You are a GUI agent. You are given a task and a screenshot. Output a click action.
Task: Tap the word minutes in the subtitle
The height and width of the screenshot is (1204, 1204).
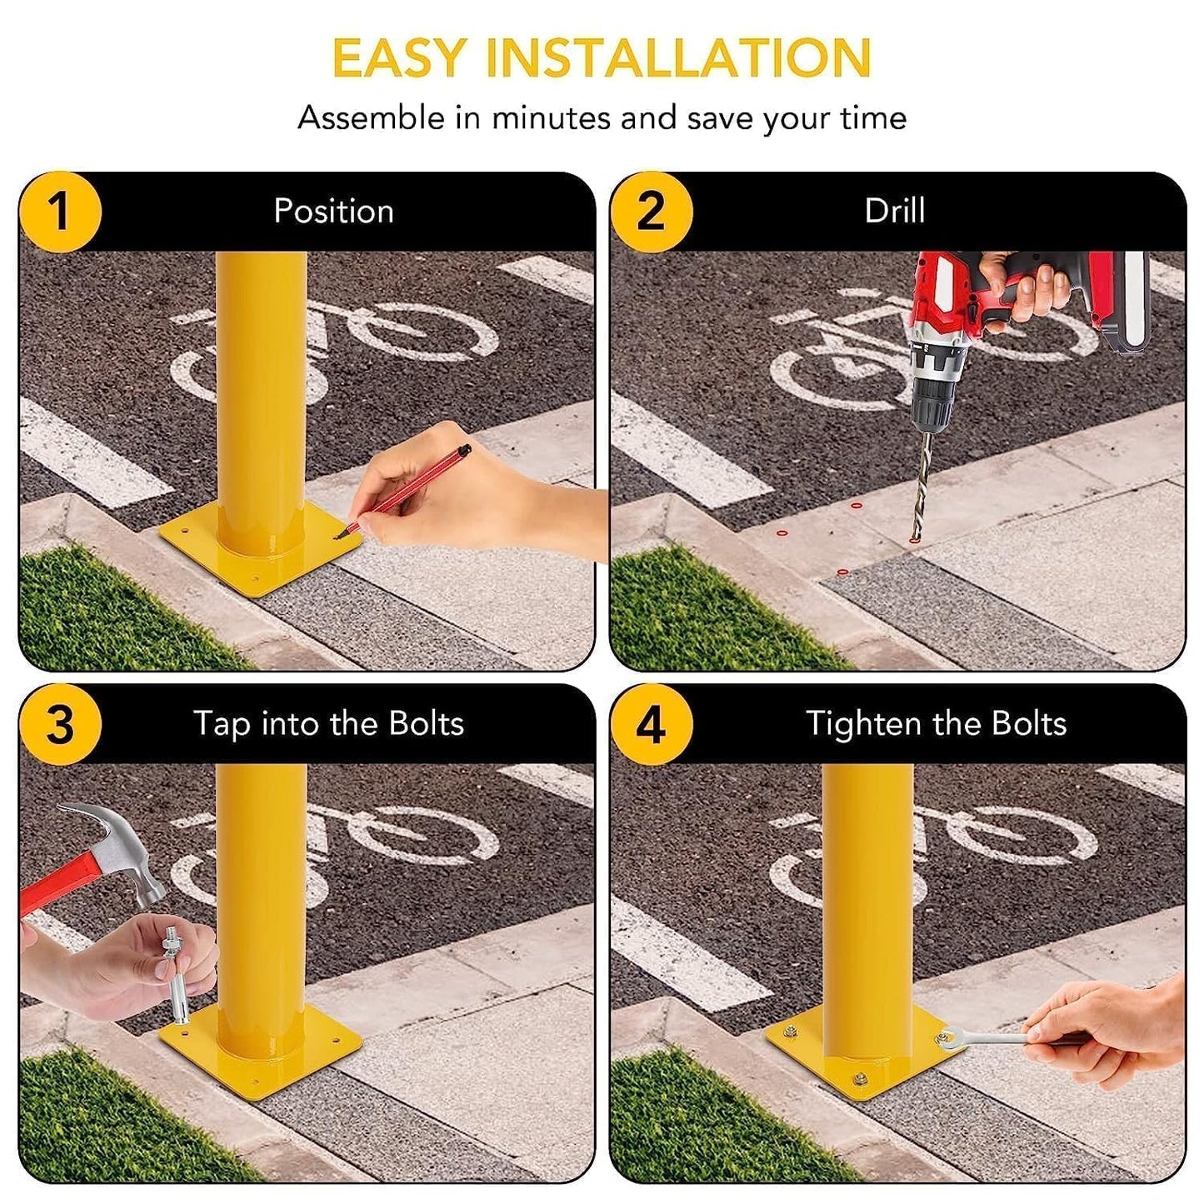(x=551, y=118)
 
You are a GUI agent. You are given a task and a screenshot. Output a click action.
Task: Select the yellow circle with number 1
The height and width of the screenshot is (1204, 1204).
(x=59, y=212)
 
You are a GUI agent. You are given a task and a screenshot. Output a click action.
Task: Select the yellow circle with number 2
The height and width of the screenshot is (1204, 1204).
(x=651, y=212)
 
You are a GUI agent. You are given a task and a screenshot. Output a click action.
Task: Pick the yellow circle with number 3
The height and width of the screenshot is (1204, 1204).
(x=59, y=724)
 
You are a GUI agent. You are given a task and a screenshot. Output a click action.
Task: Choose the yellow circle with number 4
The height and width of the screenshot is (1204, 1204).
(x=651, y=724)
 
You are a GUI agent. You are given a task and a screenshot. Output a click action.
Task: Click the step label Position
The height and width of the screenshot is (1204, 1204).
(x=333, y=212)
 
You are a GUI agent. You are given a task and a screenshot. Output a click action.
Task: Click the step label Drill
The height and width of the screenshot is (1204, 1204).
(x=894, y=212)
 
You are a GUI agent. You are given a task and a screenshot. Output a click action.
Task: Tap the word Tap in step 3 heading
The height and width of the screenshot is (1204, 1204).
(x=221, y=724)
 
